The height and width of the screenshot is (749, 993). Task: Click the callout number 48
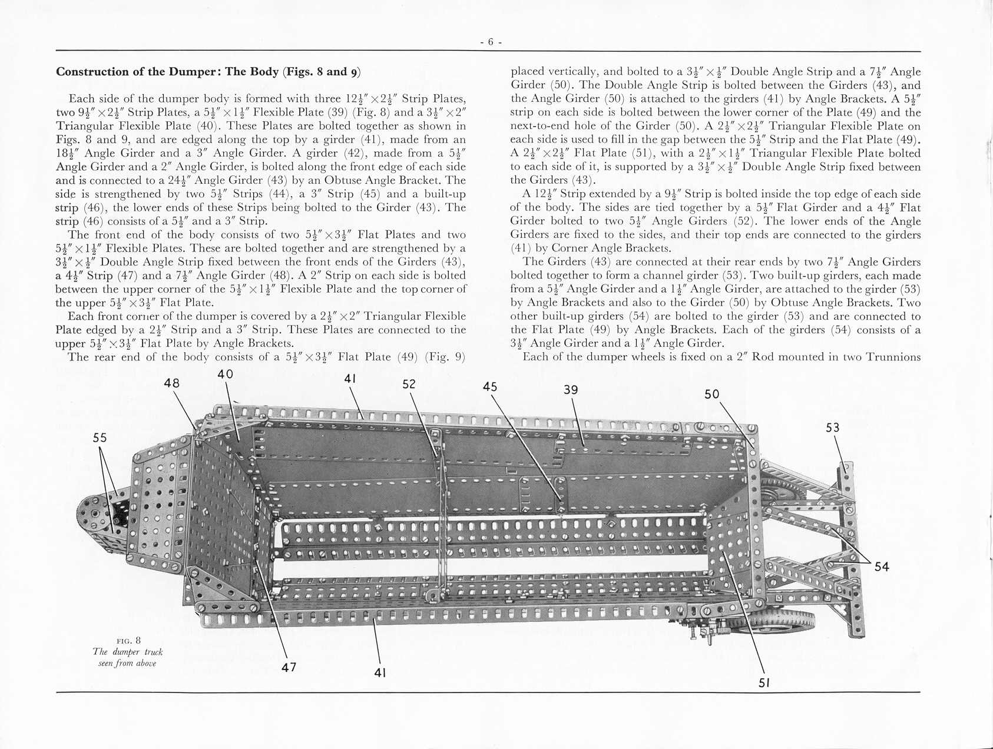click(172, 383)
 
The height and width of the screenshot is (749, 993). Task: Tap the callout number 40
click(225, 374)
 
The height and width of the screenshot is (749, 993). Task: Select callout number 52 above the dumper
click(409, 384)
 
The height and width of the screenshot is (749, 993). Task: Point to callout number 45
click(489, 387)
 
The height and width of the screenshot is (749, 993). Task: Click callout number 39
click(571, 390)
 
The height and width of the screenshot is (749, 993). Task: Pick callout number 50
click(712, 394)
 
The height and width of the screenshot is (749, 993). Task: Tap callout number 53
click(832, 427)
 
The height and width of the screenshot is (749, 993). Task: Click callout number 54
click(882, 566)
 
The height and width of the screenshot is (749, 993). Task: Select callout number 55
click(100, 438)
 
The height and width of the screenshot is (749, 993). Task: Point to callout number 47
click(289, 667)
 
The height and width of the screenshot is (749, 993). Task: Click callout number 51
click(764, 683)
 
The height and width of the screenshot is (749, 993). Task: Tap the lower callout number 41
click(380, 672)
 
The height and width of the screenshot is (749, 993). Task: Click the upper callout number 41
click(350, 379)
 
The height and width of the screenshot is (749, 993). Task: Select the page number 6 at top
click(490, 42)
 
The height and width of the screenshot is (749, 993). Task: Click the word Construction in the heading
click(91, 72)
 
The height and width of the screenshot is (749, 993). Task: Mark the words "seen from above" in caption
click(127, 664)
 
